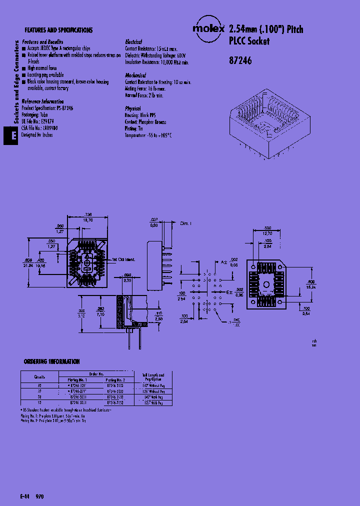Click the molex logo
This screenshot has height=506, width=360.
coord(208,29)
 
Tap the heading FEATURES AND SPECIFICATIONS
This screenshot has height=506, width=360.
coord(58,30)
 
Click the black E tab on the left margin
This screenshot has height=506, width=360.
coord(14,135)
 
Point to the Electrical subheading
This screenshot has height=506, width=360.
coord(133,42)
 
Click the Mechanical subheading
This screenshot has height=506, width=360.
coord(135,75)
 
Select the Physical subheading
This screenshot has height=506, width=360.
coord(133,108)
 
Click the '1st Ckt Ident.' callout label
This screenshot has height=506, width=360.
coord(125,260)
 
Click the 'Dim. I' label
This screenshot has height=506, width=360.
coord(185,223)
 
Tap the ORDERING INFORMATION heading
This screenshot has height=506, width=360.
coord(51,361)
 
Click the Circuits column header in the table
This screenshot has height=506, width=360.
coord(39,377)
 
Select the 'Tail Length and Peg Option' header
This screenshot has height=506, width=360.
coord(153,377)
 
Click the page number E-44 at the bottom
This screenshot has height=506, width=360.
coord(25,497)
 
